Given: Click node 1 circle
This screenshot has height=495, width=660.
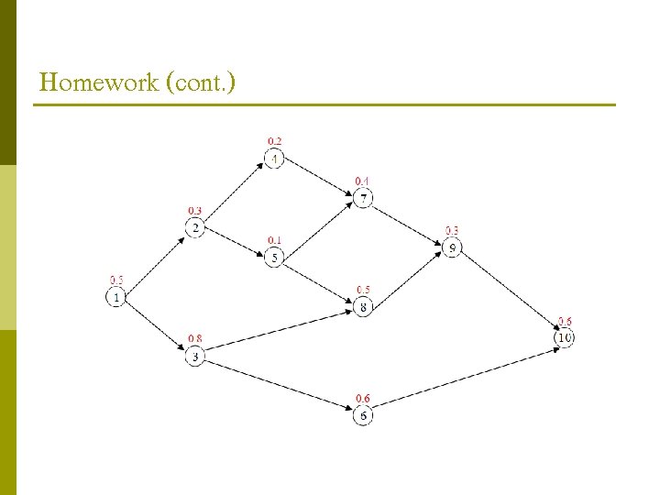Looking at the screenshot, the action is [116, 297].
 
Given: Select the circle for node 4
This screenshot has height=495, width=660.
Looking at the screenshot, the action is [275, 159].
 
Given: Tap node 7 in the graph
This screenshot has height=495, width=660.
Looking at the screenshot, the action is [363, 198].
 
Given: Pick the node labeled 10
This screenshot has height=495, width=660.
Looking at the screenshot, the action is [565, 338].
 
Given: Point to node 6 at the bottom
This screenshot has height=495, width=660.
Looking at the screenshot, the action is [363, 415].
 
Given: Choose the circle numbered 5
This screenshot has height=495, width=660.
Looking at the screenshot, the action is [275, 258].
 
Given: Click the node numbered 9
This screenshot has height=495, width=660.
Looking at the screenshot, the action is [452, 247].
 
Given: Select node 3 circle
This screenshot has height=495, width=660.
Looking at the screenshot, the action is [194, 357].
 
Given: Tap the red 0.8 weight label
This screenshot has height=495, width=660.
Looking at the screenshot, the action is [195, 338].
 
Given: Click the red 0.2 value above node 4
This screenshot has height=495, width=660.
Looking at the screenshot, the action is [275, 141].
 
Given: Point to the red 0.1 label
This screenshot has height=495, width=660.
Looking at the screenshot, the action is [275, 240].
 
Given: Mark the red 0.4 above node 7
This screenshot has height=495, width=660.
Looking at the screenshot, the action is [363, 181].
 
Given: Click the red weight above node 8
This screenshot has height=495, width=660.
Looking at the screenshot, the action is [363, 290].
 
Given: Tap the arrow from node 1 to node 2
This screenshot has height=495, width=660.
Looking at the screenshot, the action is [155, 262].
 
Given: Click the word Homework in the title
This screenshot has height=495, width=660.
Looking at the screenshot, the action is [97, 83].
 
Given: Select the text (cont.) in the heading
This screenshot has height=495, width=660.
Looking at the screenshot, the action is [201, 83].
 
